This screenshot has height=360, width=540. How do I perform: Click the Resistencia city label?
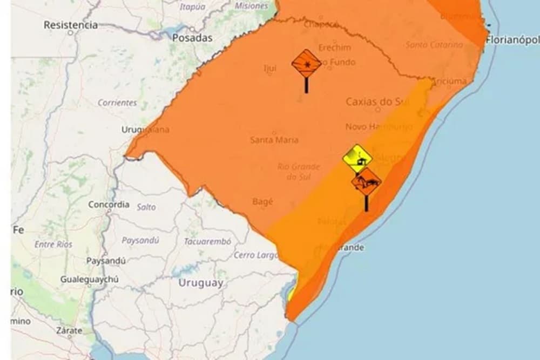(71, 25)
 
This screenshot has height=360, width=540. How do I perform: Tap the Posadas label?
(192, 38)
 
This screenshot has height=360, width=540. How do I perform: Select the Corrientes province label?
(117, 102)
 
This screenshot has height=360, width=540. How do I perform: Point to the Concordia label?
(109, 205)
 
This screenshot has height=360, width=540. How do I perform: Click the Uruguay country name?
(200, 283)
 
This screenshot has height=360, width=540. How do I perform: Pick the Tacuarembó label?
(207, 241)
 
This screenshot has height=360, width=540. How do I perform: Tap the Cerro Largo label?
(256, 255)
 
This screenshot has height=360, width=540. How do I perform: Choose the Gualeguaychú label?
(90, 279)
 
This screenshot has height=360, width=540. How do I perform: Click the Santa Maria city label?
(274, 140)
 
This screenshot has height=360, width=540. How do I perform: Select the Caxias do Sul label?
(377, 101)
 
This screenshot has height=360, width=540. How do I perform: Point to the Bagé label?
(262, 201)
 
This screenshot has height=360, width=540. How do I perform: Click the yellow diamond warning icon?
(357, 158)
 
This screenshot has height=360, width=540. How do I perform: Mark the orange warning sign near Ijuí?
(306, 64)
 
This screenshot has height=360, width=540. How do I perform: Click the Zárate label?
(70, 330)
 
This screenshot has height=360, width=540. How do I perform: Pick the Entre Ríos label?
(53, 244)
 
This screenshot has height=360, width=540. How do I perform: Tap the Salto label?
(146, 207)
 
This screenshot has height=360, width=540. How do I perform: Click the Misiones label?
(252, 6)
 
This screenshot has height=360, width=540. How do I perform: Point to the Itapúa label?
(193, 7)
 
